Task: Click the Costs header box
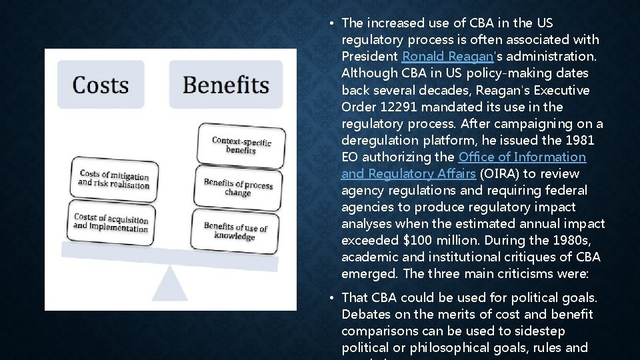(101, 85)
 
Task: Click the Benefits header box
(225, 85)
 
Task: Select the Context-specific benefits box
(241, 145)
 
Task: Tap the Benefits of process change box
(238, 187)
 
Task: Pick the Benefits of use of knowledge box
(235, 231)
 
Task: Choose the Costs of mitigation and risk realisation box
(113, 179)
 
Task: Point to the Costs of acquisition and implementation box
(111, 223)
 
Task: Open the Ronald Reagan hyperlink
(441, 56)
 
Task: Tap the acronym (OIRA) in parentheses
(498, 173)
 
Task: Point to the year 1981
(580, 140)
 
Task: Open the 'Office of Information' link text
(522, 157)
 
